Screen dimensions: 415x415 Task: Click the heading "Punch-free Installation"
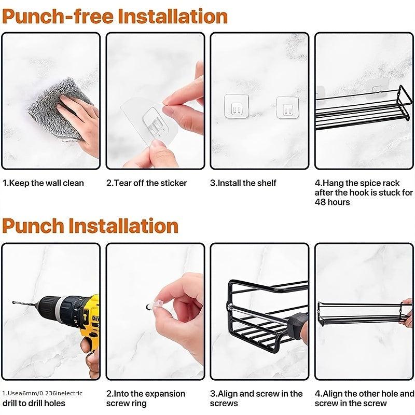(115, 17)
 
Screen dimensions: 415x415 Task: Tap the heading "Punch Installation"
(90, 226)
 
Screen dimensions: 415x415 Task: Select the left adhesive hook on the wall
(237, 106)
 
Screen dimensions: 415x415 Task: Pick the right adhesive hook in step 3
(287, 107)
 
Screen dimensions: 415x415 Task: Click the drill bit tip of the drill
(13, 302)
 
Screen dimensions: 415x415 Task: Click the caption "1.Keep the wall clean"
(43, 183)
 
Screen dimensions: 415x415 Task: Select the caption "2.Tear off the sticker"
(147, 183)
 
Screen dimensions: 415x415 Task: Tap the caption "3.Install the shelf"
(243, 183)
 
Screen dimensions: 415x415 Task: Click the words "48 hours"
(332, 202)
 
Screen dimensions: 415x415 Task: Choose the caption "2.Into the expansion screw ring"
(146, 398)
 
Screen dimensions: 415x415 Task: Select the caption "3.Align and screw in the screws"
(256, 398)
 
